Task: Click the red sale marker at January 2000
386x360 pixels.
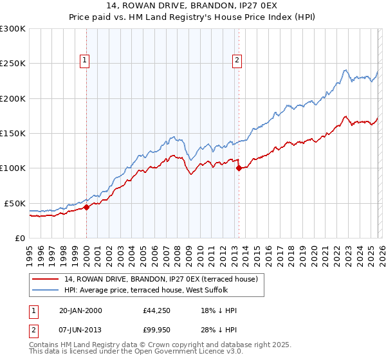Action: [x=87, y=207]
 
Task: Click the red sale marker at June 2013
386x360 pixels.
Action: [x=239, y=168]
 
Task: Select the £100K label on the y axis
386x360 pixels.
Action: [x=13, y=168]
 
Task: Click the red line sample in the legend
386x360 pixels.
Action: [x=46, y=279]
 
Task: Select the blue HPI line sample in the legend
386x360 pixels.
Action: [x=46, y=290]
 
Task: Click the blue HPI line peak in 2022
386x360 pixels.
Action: [x=345, y=70]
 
